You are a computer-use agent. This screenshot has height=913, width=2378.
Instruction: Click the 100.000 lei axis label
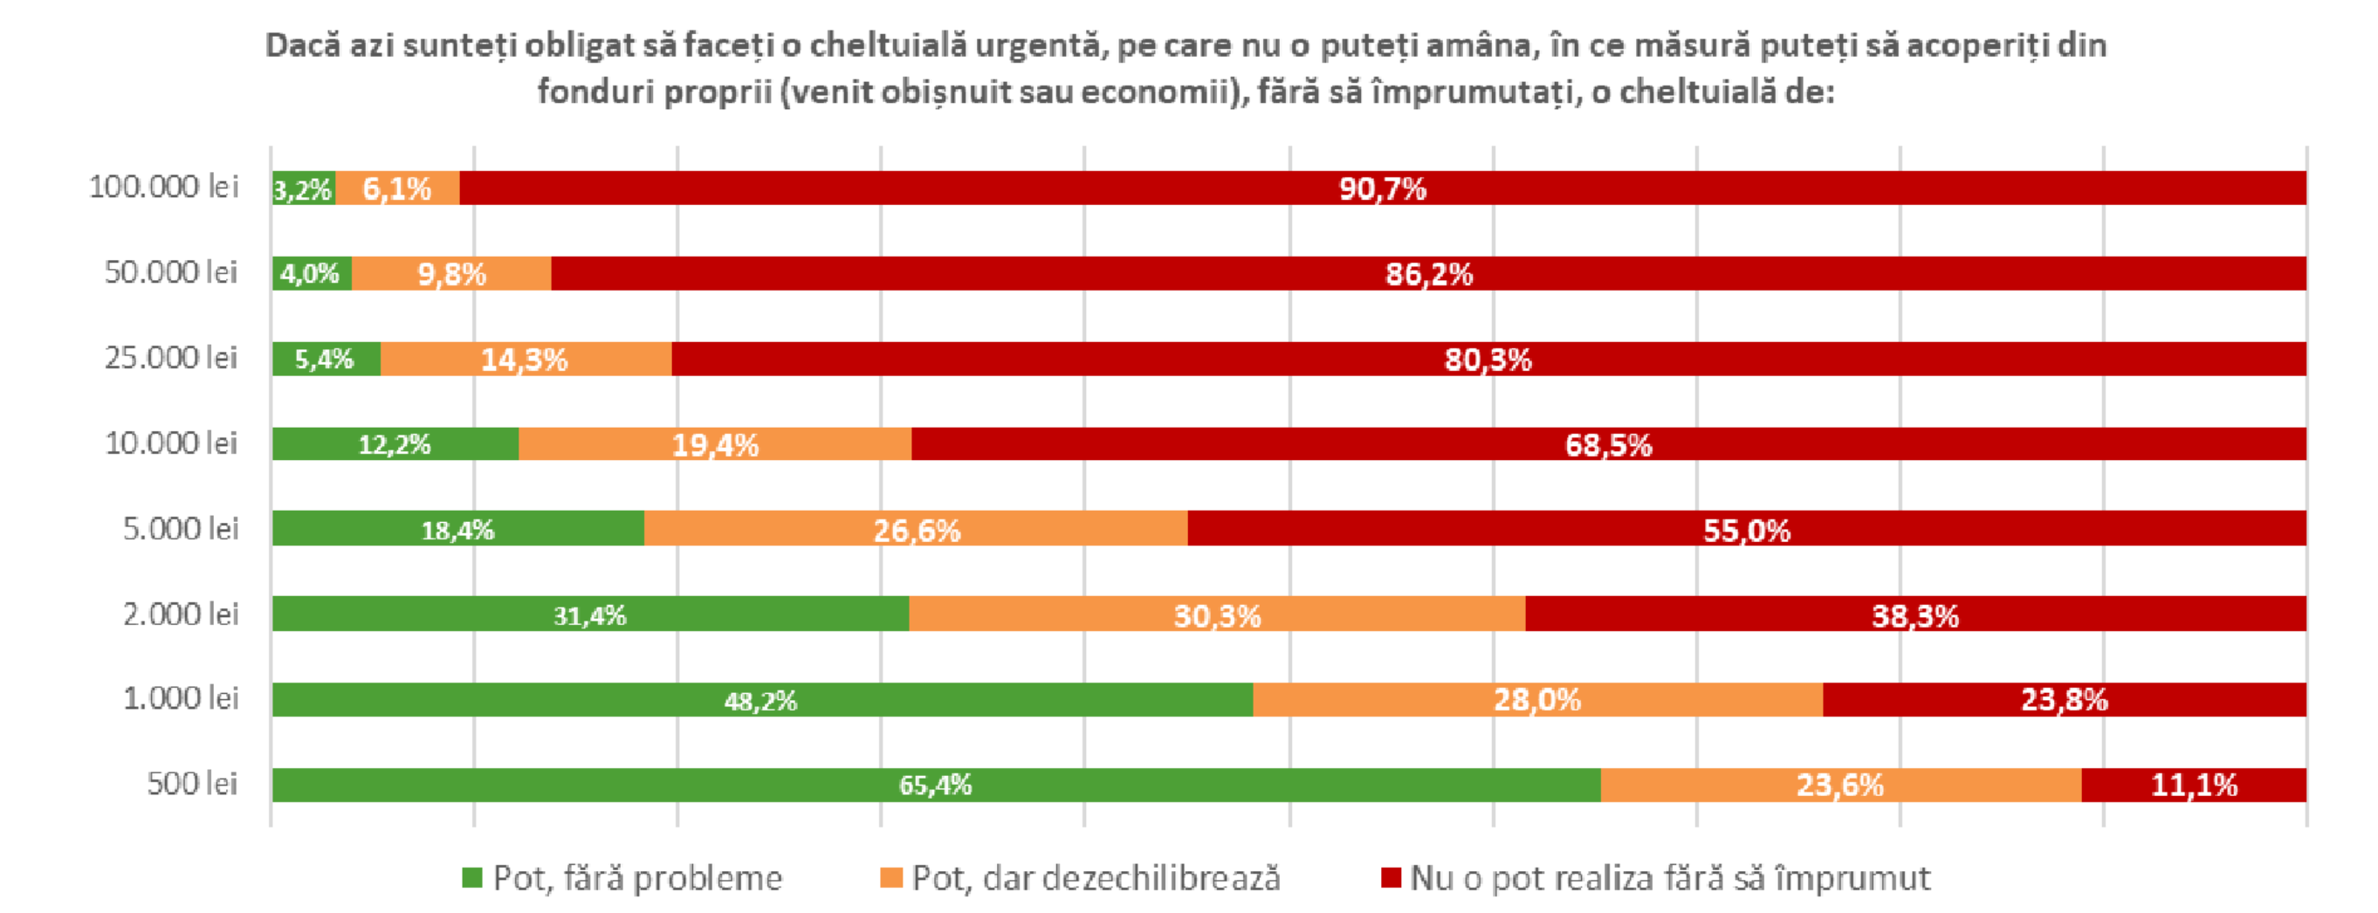click(162, 187)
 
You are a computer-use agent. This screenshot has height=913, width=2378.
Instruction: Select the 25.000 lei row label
click(170, 357)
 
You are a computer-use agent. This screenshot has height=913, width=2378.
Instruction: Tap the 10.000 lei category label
click(171, 443)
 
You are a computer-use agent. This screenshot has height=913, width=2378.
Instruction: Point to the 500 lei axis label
click(191, 784)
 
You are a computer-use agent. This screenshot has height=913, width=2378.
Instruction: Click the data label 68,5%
click(1608, 445)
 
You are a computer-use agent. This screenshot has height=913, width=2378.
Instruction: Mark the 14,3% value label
click(524, 359)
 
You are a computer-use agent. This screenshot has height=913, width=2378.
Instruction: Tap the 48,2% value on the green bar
click(759, 701)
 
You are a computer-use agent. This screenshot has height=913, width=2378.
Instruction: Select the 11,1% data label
click(2194, 786)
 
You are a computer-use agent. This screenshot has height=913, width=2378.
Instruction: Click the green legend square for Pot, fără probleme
click(471, 877)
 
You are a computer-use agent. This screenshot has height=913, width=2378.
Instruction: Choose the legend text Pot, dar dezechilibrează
click(1096, 878)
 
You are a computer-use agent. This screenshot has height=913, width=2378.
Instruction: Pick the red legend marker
click(1391, 877)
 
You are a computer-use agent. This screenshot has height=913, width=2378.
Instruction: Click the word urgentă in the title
click(1041, 45)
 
